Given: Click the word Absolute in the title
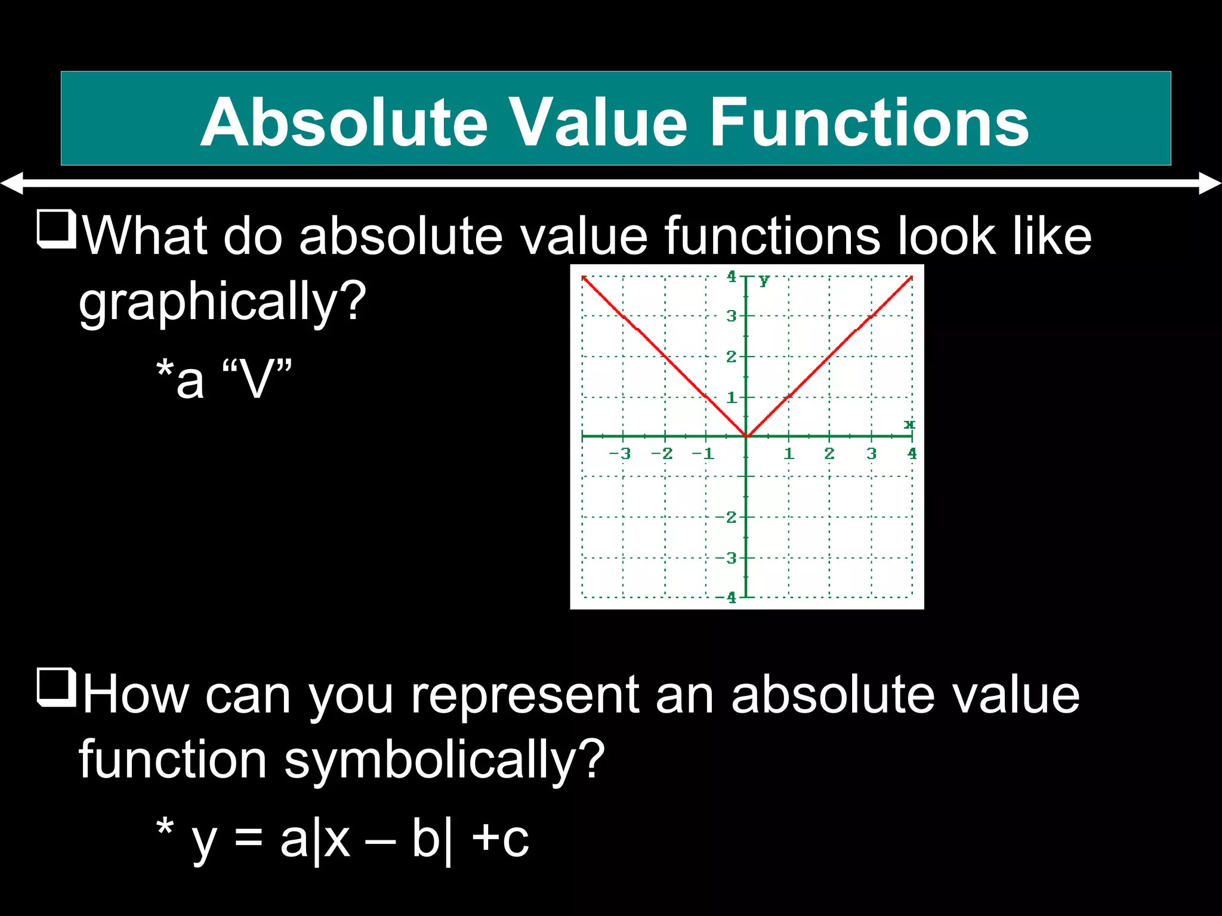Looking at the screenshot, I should point(344,122).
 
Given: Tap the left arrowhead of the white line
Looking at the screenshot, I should point(12,183).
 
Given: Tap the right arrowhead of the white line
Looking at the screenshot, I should point(1210,183).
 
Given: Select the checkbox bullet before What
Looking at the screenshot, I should point(56,229).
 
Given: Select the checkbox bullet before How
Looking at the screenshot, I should point(56,688).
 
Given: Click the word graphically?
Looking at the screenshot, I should point(222,302).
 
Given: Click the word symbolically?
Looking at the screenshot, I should point(444,760).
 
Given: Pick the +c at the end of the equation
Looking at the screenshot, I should point(500,838).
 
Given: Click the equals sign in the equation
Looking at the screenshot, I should point(248,838).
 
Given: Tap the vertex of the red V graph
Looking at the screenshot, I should point(746,437).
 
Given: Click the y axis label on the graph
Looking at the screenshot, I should point(764,279).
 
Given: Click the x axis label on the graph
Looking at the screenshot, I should point(909,424).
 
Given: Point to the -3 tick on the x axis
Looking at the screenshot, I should point(620,453).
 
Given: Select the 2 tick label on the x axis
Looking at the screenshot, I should point(829,453).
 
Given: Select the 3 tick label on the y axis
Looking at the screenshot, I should point(731,316).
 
